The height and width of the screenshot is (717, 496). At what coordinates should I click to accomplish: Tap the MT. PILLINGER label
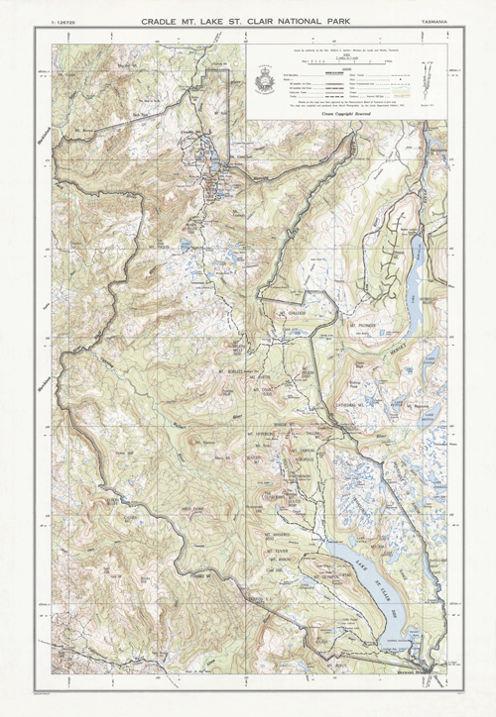coord(365,323)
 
